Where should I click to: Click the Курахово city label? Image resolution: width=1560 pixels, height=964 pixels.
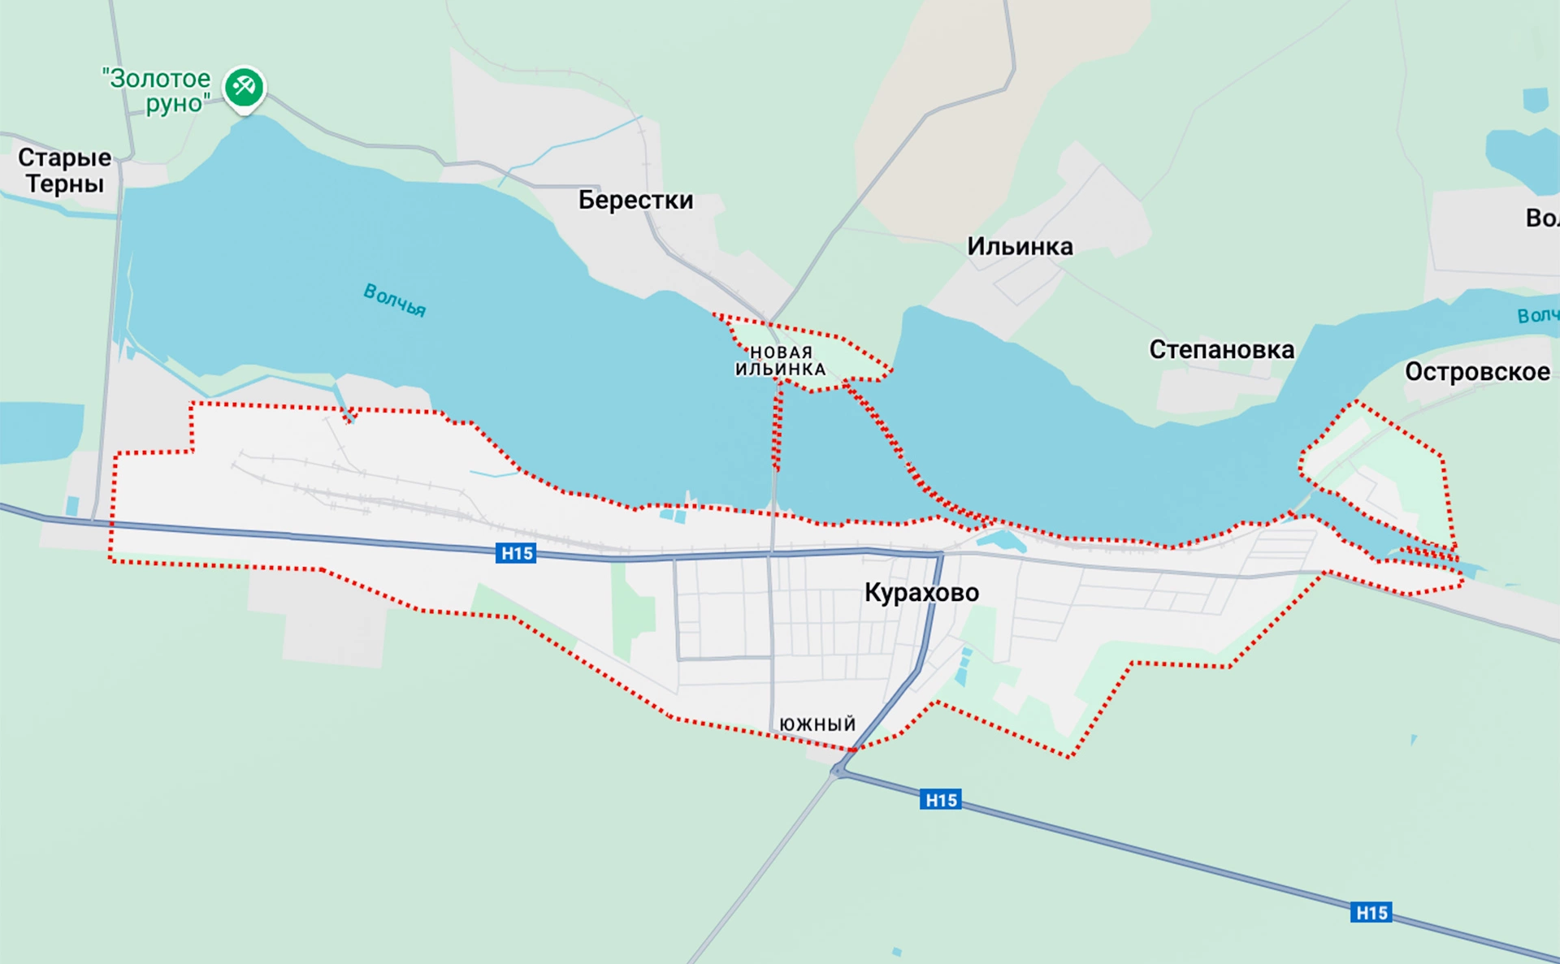coord(921,593)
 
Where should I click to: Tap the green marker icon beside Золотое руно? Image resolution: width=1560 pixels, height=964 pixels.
coord(244,86)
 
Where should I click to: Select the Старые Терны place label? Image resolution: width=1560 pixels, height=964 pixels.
coord(64,171)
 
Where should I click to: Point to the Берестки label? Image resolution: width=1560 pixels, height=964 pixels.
coord(635,200)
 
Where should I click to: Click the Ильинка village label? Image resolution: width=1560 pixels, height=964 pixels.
coord(1020,246)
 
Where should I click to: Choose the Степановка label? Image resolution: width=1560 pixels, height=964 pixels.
coord(1221,350)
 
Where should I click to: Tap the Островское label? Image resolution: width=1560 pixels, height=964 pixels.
coord(1477,372)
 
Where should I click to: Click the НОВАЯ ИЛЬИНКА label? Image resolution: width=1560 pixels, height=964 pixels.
coord(780,361)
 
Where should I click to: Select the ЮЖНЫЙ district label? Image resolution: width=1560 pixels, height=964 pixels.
coord(817,724)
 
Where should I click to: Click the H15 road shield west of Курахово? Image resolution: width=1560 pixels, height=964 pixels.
coord(516,554)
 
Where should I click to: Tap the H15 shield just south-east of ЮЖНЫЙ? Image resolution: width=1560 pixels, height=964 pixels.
coord(941,800)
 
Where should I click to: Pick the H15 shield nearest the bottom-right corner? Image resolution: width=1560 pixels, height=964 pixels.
coord(1371,912)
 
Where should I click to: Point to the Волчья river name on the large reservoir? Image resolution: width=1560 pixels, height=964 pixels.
coord(395,300)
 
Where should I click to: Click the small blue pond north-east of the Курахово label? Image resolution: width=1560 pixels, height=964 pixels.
coord(1002,541)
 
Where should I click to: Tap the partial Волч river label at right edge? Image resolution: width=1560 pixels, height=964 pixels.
coord(1537,315)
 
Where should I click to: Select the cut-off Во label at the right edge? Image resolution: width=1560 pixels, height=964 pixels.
coord(1541,218)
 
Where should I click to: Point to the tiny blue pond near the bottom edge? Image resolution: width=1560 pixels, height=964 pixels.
coord(896,951)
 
